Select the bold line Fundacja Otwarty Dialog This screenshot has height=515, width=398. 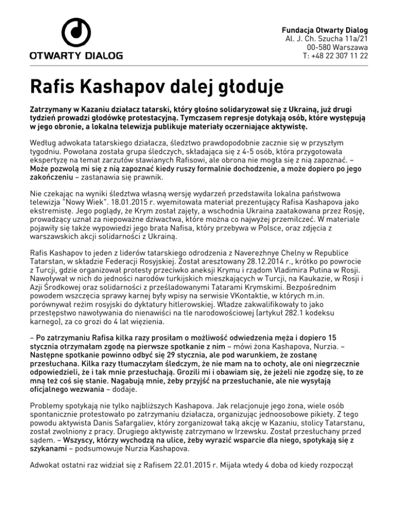324,29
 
